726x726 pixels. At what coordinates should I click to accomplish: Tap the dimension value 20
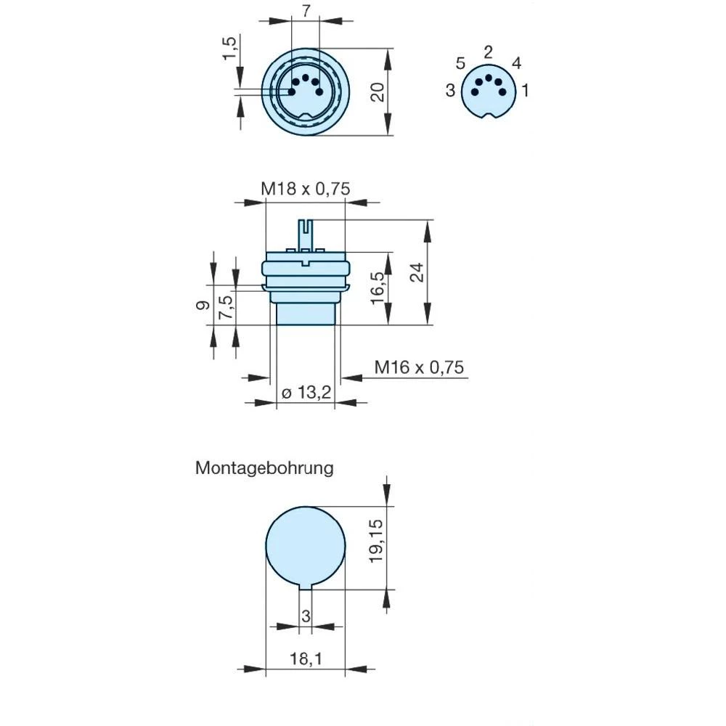[x=378, y=91]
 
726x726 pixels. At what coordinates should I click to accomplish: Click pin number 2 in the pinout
[x=488, y=52]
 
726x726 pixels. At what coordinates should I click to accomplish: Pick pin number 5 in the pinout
[x=460, y=64]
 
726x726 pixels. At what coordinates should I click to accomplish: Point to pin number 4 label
[x=516, y=63]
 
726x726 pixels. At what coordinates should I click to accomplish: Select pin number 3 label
[x=450, y=91]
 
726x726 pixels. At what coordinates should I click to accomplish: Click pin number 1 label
[x=525, y=91]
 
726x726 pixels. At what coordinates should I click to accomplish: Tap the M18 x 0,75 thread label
[x=306, y=189]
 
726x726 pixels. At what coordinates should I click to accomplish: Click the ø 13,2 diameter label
[x=306, y=393]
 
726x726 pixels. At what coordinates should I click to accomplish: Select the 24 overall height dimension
[x=415, y=272]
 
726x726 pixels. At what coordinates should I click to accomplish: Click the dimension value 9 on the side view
[x=203, y=305]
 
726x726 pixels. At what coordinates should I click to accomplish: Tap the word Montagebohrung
[x=264, y=468]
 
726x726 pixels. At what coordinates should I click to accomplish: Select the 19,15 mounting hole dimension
[x=375, y=539]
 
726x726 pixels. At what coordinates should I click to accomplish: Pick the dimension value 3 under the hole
[x=306, y=616]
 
